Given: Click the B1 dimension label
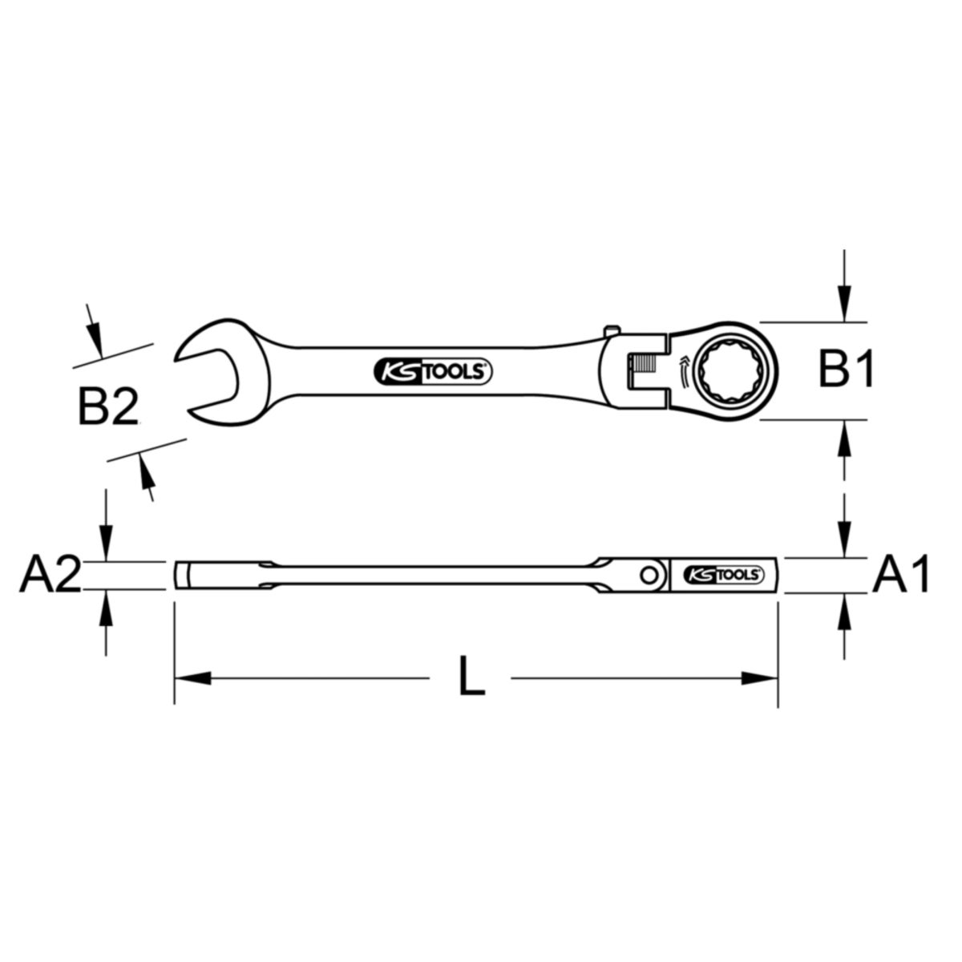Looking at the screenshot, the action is click(846, 370).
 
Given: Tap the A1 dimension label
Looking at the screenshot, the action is click(900, 574).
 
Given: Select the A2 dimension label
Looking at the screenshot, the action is click(50, 575).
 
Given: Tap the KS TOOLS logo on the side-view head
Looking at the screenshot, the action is click(723, 575).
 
